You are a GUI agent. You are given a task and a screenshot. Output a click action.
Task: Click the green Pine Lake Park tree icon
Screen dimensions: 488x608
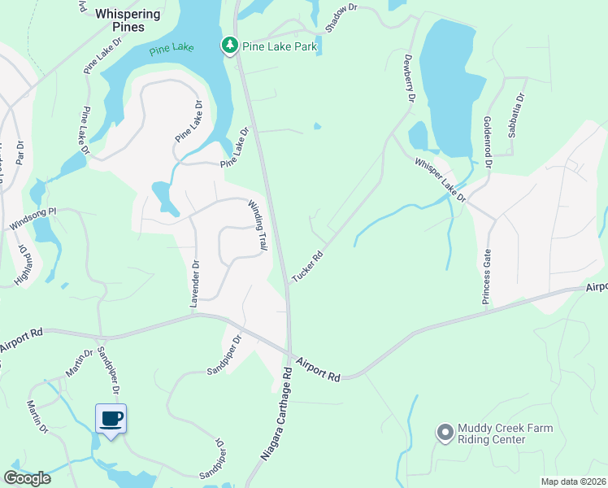pyautogui.click(x=230, y=46)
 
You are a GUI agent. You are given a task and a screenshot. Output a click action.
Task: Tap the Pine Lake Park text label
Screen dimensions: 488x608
pyautogui.click(x=280, y=47)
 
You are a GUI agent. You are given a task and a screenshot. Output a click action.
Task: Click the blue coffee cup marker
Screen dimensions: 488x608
pyautogui.click(x=111, y=420)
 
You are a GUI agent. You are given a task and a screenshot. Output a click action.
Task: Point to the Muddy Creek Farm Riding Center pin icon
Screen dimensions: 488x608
pyautogui.click(x=445, y=433)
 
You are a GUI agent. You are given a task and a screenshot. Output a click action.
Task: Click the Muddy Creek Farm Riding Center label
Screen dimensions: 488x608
pyautogui.click(x=505, y=434)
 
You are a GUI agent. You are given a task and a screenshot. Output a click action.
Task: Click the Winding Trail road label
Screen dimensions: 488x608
pyautogui.click(x=258, y=224)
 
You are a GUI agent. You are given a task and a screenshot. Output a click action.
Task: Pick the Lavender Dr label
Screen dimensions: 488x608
pyautogui.click(x=194, y=284)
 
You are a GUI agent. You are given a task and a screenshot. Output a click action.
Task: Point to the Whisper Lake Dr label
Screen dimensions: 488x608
pyautogui.click(x=440, y=180)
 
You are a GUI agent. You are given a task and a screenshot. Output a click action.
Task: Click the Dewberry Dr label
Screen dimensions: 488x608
pyautogui.click(x=410, y=77)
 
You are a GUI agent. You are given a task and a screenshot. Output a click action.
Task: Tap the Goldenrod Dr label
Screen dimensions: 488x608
pyautogui.click(x=488, y=141)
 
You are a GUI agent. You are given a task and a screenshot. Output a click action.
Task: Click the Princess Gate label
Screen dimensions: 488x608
pyautogui.click(x=486, y=277)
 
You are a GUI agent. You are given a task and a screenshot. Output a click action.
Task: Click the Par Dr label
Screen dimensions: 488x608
pyautogui.click(x=20, y=152)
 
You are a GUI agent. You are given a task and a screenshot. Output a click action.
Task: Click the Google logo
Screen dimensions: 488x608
pyautogui.click(x=27, y=477)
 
